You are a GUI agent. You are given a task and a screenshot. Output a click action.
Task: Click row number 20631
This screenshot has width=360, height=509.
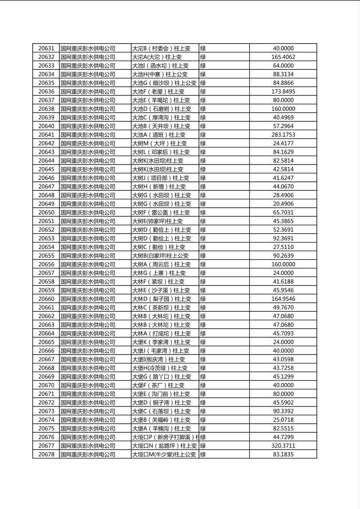point(46,48)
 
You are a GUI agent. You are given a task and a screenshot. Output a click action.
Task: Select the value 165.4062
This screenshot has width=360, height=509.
point(283,57)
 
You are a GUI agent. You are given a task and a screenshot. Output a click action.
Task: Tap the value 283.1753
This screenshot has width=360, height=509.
point(283,135)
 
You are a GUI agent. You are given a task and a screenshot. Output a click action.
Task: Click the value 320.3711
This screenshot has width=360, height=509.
point(283,446)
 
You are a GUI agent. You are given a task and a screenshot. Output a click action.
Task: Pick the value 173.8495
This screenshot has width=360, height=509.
point(283,92)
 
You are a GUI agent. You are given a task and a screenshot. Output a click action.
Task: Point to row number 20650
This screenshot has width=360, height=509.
point(46,213)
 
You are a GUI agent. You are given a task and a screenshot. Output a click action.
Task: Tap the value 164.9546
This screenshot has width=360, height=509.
point(283,299)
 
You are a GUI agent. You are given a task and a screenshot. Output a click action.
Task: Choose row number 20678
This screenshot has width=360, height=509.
point(46,455)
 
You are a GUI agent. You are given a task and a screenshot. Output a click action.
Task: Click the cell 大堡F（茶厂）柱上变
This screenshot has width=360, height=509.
point(158,385)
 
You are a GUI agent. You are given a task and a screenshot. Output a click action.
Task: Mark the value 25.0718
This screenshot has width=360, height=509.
point(283,420)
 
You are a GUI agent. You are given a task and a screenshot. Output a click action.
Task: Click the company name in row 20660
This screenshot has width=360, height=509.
point(88,299)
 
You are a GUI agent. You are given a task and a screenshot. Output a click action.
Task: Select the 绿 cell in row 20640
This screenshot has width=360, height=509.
point(203,126)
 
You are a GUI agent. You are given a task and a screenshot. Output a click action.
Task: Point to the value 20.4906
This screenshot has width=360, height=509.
point(283,204)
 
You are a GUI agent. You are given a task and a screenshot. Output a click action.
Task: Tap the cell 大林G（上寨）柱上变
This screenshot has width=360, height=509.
point(159,273)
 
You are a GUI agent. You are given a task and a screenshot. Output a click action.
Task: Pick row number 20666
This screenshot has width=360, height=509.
point(46,351)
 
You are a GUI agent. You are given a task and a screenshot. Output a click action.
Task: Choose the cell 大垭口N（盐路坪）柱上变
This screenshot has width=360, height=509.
point(164,446)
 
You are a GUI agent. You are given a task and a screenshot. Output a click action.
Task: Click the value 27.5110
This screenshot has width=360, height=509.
point(283,247)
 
